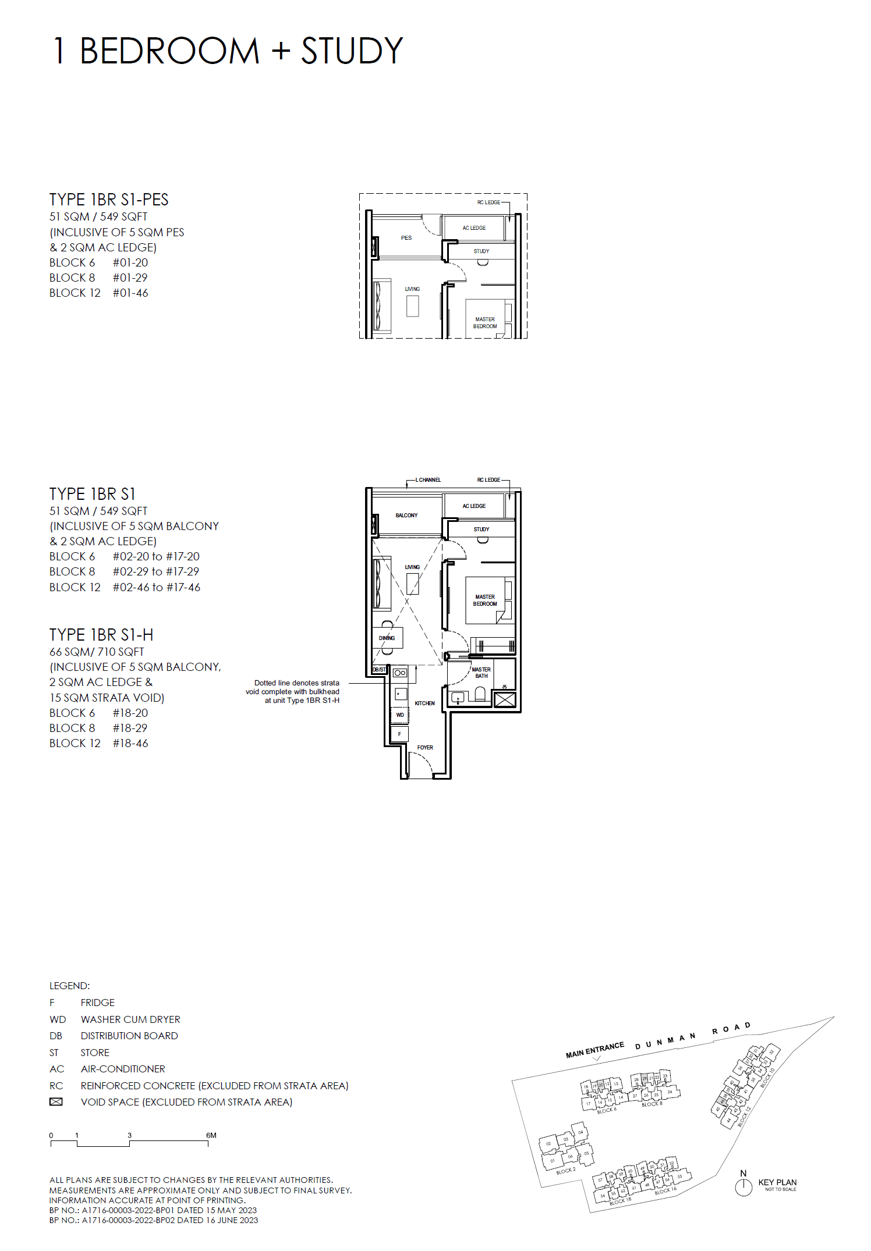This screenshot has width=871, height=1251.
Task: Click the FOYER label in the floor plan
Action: pyautogui.click(x=425, y=747)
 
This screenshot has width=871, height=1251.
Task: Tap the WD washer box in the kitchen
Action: pyautogui.click(x=400, y=715)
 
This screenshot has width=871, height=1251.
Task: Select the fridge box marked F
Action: pyautogui.click(x=399, y=734)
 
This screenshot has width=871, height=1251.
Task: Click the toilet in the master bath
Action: pyautogui.click(x=480, y=694)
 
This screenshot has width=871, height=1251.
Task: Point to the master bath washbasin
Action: pyautogui.click(x=458, y=696)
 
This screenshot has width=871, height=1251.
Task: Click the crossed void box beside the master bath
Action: pyautogui.click(x=505, y=699)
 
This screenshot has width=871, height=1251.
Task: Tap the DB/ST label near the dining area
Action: pyautogui.click(x=379, y=670)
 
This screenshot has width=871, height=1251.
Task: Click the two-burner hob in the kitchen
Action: pyautogui.click(x=400, y=673)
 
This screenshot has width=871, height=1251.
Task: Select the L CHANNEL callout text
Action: pyautogui.click(x=428, y=480)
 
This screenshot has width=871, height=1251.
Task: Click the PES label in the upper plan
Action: pyautogui.click(x=406, y=238)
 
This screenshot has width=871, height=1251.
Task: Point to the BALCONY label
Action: pyautogui.click(x=406, y=516)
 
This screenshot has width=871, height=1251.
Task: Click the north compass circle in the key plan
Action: pyautogui.click(x=743, y=1188)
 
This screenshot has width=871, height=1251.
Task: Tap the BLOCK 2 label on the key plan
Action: pyautogui.click(x=565, y=1171)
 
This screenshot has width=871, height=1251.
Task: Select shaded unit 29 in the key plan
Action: pyautogui.click(x=645, y=1079)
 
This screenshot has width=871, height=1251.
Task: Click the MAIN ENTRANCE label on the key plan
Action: pyautogui.click(x=594, y=1050)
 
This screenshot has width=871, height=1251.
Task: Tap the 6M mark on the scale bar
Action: pyautogui.click(x=211, y=1135)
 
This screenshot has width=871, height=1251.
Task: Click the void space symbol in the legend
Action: pyautogui.click(x=56, y=1102)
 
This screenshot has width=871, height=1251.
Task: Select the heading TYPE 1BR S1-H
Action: pyautogui.click(x=101, y=635)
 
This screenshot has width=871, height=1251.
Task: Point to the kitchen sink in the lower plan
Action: pyautogui.click(x=400, y=694)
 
